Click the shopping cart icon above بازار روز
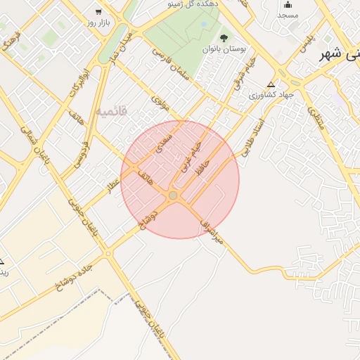point(98,11)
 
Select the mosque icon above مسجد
point(287,5)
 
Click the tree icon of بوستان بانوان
point(224,38)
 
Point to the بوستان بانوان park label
point(221,49)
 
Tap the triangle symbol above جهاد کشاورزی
point(271,84)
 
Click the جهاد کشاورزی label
point(263,94)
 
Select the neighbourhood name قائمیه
point(113,111)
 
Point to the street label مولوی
point(161,105)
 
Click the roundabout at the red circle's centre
point(173,195)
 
